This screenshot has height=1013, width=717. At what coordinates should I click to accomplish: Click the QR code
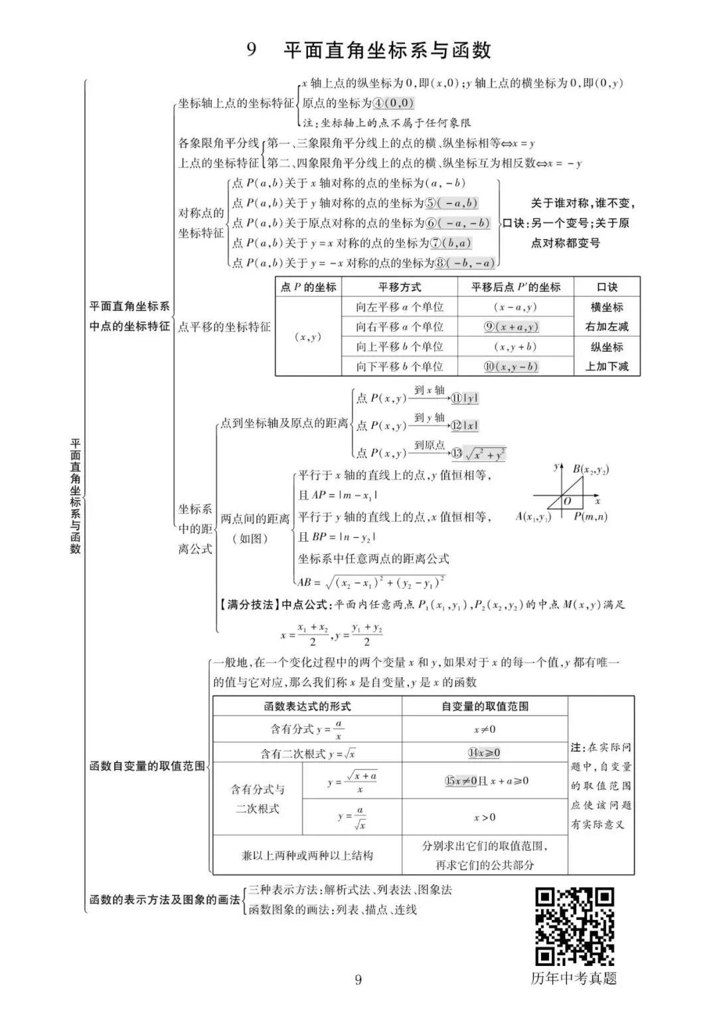pyautogui.click(x=574, y=926)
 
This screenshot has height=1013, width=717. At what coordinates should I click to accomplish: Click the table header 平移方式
pyautogui.click(x=400, y=287)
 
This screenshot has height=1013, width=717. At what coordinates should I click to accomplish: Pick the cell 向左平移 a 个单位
pyautogui.click(x=400, y=307)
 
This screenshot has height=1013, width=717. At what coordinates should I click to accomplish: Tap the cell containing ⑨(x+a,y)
pyautogui.click(x=515, y=327)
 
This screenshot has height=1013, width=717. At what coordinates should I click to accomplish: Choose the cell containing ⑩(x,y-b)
pyautogui.click(x=515, y=366)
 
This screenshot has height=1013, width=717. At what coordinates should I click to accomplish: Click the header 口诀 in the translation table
pyautogui.click(x=607, y=287)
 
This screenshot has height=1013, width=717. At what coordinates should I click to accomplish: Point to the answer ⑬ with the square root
pyautogui.click(x=479, y=454)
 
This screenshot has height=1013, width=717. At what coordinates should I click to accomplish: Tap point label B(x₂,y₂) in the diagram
pyautogui.click(x=591, y=470)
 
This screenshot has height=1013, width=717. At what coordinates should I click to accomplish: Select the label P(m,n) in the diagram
pyautogui.click(x=590, y=516)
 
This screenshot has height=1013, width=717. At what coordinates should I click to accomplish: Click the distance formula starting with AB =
pyautogui.click(x=371, y=582)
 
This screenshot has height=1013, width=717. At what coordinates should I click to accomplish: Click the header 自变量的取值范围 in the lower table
pyautogui.click(x=485, y=706)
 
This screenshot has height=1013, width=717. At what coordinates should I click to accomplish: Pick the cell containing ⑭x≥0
pyautogui.click(x=485, y=753)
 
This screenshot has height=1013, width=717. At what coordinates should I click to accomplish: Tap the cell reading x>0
pyautogui.click(x=485, y=817)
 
